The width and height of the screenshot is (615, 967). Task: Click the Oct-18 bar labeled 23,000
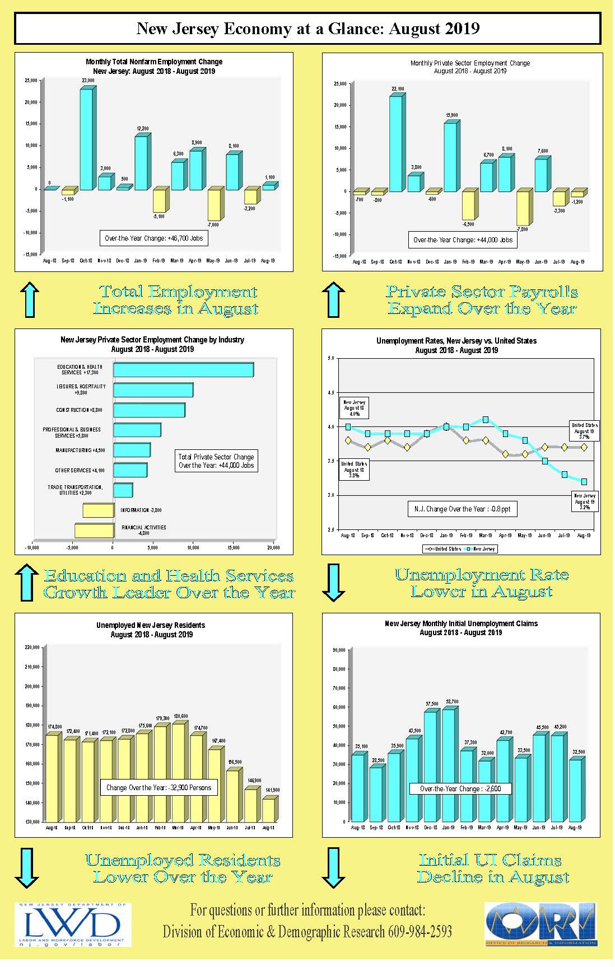point(86,139)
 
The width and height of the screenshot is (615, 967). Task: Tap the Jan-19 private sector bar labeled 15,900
point(450,157)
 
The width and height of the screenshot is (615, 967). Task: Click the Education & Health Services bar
point(183,370)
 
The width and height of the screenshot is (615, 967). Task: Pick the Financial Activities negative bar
point(94,531)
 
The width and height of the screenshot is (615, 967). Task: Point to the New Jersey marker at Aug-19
point(584,482)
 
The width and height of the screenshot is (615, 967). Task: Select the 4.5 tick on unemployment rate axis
point(330,393)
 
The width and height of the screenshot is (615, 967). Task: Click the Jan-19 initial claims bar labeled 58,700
point(448,765)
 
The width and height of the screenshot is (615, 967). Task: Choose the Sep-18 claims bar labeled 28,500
point(376,794)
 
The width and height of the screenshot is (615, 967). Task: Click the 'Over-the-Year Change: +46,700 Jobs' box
point(153,238)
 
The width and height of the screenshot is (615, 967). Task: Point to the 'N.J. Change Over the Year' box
point(462,509)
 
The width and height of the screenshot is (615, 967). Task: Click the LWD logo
point(72,925)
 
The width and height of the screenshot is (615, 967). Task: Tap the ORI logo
point(541,924)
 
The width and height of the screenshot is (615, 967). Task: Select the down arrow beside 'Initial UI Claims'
point(333,868)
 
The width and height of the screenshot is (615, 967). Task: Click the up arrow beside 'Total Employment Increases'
point(30,299)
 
